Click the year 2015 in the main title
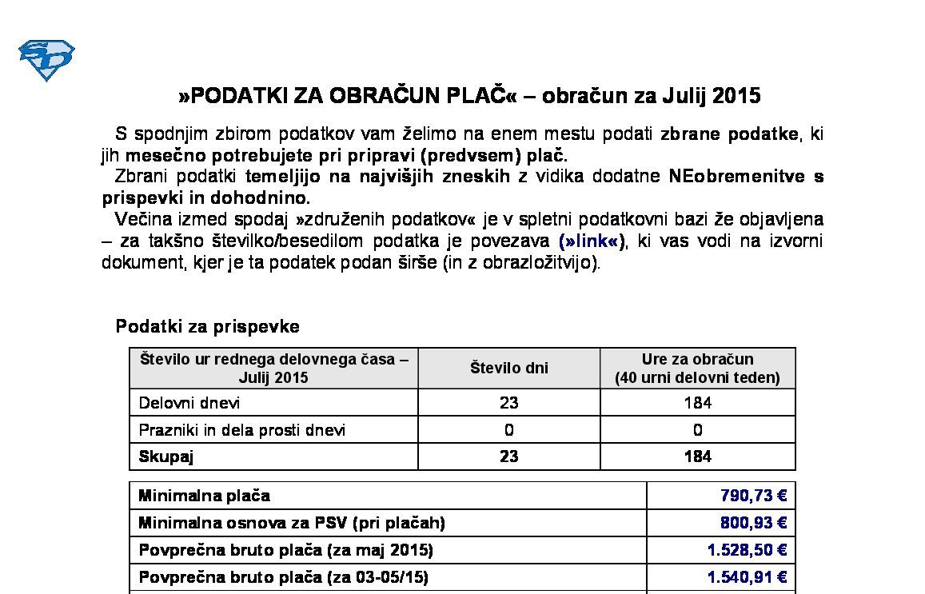[736, 97]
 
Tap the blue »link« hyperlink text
[592, 241]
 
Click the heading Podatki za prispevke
[208, 326]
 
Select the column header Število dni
[508, 369]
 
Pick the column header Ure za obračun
[697, 360]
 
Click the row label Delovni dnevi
[189, 403]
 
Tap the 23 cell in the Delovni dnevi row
[508, 403]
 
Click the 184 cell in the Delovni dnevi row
[697, 403]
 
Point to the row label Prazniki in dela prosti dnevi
[242, 430]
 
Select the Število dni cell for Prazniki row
[508, 430]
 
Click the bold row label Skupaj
[166, 456]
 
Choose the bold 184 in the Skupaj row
[697, 456]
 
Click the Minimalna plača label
[204, 496]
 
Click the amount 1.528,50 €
[747, 550]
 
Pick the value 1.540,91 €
[747, 576]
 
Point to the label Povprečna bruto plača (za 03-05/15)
[283, 576]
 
